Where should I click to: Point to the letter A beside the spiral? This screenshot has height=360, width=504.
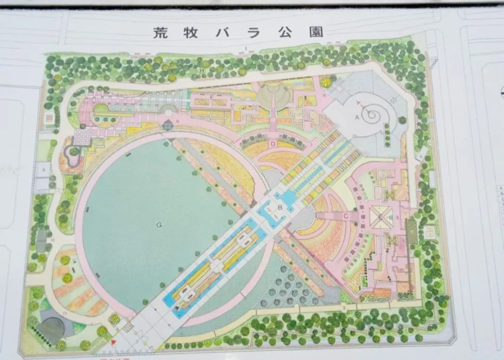coord(357,117)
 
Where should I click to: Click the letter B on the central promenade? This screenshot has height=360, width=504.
coord(280,208)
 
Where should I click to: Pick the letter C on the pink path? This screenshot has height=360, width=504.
coord(344,216)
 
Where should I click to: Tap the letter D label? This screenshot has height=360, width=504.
coord(274,144)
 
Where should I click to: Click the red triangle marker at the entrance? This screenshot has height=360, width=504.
coord(114,343)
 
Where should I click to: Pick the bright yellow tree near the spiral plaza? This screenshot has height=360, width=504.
coord(326,83)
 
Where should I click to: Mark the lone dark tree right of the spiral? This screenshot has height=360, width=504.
coord(402,120)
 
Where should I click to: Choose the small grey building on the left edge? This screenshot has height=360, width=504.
coord(42,236)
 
